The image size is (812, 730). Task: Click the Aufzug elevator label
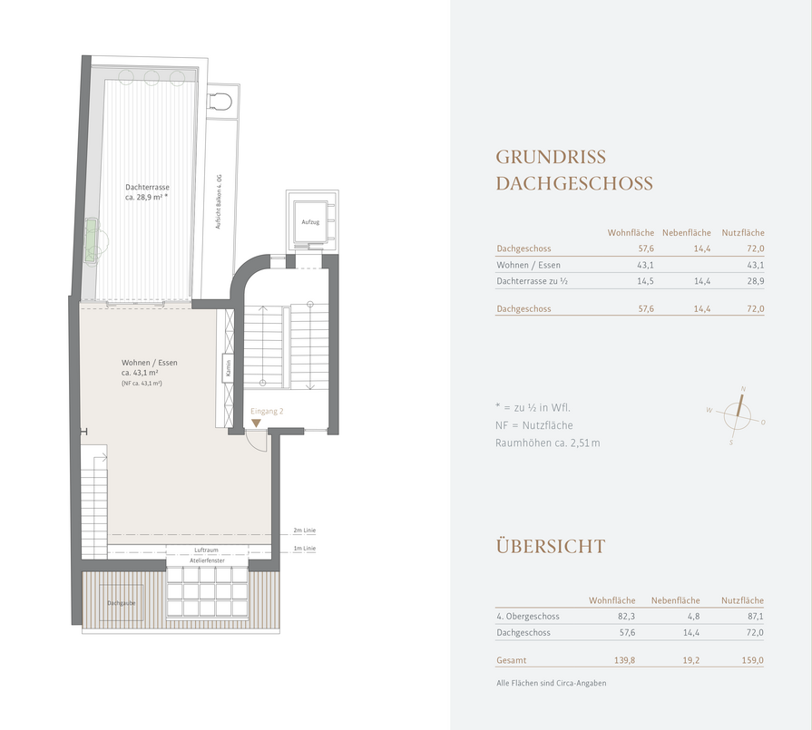310,222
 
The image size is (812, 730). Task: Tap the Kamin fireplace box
228,368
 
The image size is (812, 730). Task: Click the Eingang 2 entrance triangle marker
256,423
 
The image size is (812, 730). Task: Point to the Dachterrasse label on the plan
147,188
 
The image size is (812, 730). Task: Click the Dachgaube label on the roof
122,603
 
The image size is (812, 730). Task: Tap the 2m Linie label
305,530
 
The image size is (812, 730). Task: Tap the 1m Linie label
305,549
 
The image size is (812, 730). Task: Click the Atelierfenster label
207,560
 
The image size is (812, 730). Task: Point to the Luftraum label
206,550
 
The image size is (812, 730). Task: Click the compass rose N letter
743,389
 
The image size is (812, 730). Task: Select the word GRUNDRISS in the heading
551,158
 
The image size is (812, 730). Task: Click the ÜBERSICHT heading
551,546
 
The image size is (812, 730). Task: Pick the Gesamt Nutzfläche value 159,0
752,660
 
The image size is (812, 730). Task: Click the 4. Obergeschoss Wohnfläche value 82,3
627,617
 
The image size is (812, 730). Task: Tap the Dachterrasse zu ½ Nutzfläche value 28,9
755,281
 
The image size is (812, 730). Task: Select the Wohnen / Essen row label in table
528,265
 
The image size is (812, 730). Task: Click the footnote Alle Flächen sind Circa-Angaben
551,684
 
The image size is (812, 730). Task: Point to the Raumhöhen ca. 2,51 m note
547,443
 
